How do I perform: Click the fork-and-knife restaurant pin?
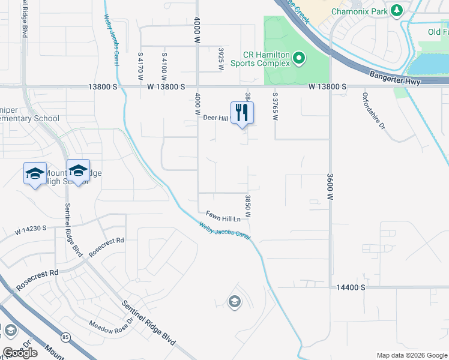tap(242, 113)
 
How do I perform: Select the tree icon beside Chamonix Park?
tap(396, 10)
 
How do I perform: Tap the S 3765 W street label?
tap(275, 106)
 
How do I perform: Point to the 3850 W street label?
tap(247, 206)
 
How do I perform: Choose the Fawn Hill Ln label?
tap(223, 214)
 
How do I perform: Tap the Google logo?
tap(20, 353)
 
